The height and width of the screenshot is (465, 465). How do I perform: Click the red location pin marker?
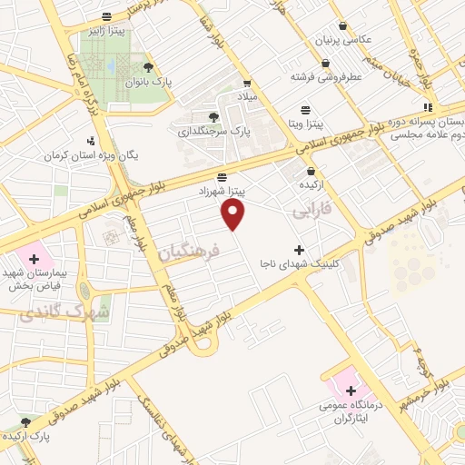(234, 214)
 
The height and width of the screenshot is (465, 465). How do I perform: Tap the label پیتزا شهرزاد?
(223, 192)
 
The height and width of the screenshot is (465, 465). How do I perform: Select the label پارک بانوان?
(149, 82)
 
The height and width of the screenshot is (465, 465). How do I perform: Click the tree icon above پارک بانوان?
(149, 67)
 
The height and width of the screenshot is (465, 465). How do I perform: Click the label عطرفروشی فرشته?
(326, 77)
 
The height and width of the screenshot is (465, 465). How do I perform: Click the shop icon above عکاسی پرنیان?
(342, 25)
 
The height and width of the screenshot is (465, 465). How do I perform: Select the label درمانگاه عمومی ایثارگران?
(350, 411)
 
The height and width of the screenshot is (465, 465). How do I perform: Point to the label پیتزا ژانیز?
(107, 30)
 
